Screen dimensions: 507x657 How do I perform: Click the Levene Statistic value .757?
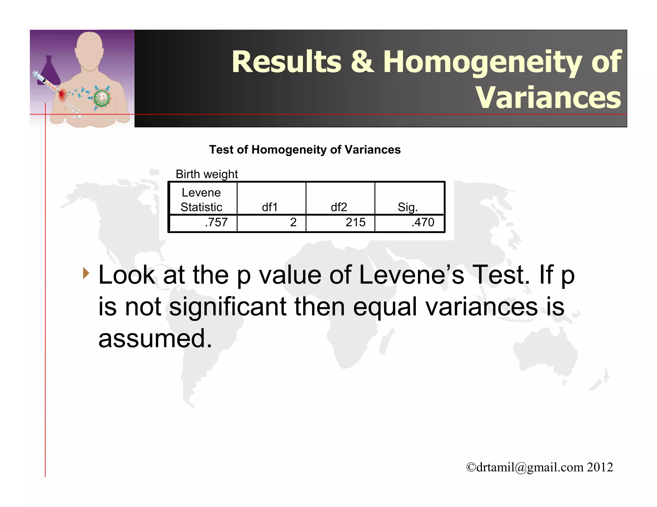point(216,222)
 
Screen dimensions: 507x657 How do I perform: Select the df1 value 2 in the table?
point(293,222)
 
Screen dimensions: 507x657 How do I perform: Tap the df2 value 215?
point(355,222)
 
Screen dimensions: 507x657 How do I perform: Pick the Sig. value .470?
point(423,222)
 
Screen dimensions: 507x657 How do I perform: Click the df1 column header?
point(269,207)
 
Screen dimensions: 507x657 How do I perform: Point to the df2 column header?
point(339,207)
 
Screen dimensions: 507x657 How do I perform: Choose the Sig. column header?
point(408,207)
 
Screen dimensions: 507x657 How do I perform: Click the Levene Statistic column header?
point(201,200)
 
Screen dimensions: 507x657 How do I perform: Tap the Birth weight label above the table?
point(207,174)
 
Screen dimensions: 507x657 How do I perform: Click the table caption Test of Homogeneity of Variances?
point(305,150)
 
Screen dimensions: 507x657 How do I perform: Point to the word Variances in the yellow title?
point(548,97)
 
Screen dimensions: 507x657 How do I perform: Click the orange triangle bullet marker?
point(86,273)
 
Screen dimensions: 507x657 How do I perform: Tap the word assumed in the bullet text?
point(155,338)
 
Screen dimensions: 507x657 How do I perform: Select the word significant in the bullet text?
point(227,307)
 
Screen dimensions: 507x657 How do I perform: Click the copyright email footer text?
point(540,467)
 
